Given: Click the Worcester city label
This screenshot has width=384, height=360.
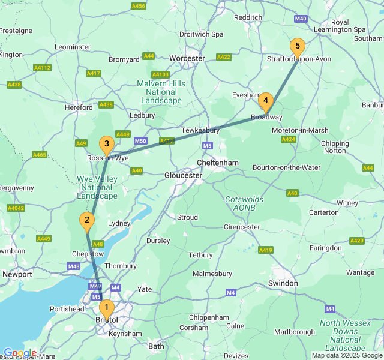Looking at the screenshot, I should click(x=187, y=58).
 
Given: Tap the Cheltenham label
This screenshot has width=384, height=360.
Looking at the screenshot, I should click(x=218, y=163).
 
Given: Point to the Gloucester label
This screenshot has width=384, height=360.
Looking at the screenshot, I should click(x=183, y=175).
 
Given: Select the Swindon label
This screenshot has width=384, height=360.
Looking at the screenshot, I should click(x=283, y=283).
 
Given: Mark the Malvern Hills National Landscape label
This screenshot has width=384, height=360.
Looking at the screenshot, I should click(x=162, y=92).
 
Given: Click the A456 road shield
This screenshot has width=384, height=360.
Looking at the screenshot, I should click(x=139, y=6).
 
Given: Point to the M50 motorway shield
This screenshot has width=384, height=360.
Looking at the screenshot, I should click(x=140, y=141).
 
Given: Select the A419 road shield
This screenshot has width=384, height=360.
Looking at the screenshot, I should click(x=266, y=250).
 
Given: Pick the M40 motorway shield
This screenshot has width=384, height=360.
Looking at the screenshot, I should click(x=301, y=19).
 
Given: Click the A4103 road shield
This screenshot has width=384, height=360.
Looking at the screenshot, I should click(x=160, y=74).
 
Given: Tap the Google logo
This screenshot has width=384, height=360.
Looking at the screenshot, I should click(x=19, y=353).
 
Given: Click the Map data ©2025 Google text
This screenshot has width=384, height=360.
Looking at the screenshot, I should click(x=346, y=355).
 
